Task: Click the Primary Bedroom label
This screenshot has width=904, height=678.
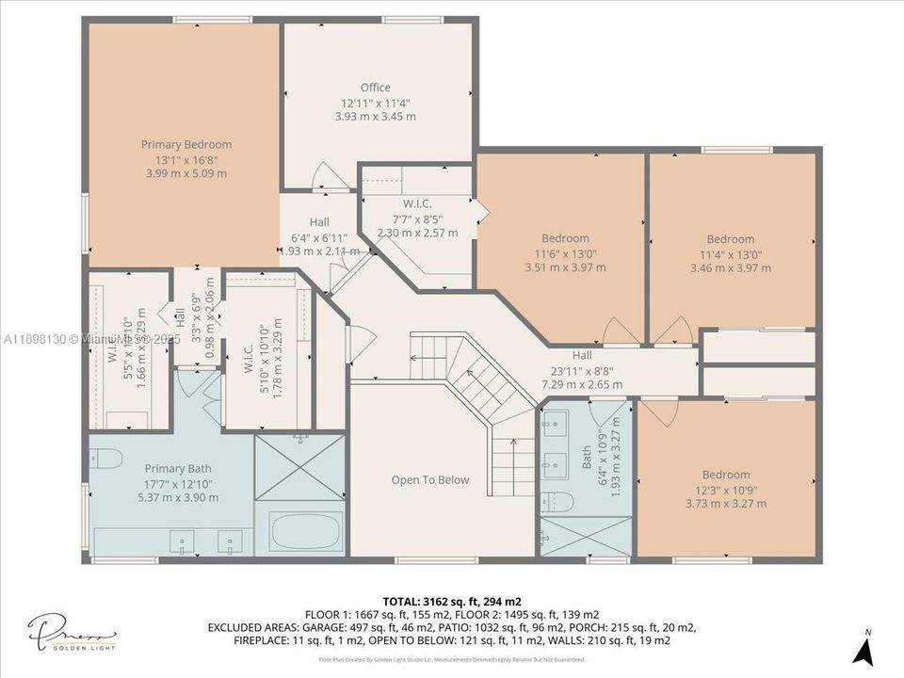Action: [x=186, y=144]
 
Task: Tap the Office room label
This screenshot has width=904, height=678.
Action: [x=375, y=88]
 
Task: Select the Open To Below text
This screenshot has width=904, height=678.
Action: [x=429, y=479]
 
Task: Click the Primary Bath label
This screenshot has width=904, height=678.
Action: [x=178, y=468]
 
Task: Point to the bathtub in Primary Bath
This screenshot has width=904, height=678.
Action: [x=308, y=531]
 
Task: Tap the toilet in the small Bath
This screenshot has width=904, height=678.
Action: [x=557, y=500]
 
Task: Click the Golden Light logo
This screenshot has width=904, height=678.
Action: [x=72, y=635]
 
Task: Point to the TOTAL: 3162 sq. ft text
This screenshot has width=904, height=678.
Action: [x=452, y=601]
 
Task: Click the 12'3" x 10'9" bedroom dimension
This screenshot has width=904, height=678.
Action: [x=726, y=489]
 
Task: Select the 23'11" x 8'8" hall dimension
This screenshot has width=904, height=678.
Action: [x=581, y=370]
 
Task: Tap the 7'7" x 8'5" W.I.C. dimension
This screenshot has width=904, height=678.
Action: [x=417, y=218]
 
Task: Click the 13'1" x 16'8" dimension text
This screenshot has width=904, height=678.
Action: [x=186, y=159]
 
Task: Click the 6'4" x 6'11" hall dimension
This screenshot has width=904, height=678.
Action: [x=319, y=236]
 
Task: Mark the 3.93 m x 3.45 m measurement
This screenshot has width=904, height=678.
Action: [x=375, y=117]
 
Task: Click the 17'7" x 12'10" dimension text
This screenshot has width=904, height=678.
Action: [x=178, y=483]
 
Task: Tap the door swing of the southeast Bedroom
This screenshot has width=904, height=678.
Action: [x=658, y=411]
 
